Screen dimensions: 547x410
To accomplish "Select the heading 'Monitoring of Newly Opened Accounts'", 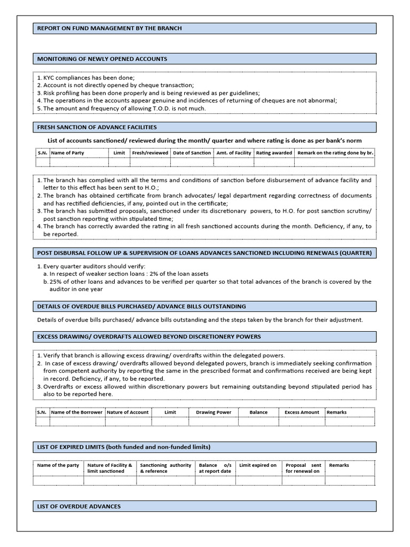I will tap(102, 59).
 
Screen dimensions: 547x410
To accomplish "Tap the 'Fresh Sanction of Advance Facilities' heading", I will tap(97, 127).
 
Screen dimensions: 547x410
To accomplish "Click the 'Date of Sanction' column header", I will tap(192, 153).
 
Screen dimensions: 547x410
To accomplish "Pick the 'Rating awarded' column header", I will tap(274, 153).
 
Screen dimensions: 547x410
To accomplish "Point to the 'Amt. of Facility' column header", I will tap(233, 153).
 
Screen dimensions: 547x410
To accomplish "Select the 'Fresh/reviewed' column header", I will tap(149, 153).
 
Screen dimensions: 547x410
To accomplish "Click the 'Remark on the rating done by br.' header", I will tap(335, 153).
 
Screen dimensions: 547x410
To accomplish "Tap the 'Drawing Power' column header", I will tap(214, 412).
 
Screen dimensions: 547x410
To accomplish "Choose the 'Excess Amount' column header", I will tap(302, 412).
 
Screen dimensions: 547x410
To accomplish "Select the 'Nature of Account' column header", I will tap(128, 412).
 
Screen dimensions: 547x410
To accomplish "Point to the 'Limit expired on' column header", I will tap(258, 465).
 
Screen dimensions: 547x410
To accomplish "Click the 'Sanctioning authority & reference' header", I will tap(165, 468).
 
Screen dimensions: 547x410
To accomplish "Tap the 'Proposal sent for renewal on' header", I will tap(303, 468).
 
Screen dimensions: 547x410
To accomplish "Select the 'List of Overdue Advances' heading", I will tap(78, 506).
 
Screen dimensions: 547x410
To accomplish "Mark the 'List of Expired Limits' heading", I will tap(123, 447).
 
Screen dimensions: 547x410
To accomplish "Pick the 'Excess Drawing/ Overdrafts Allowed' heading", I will tap(148, 337).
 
